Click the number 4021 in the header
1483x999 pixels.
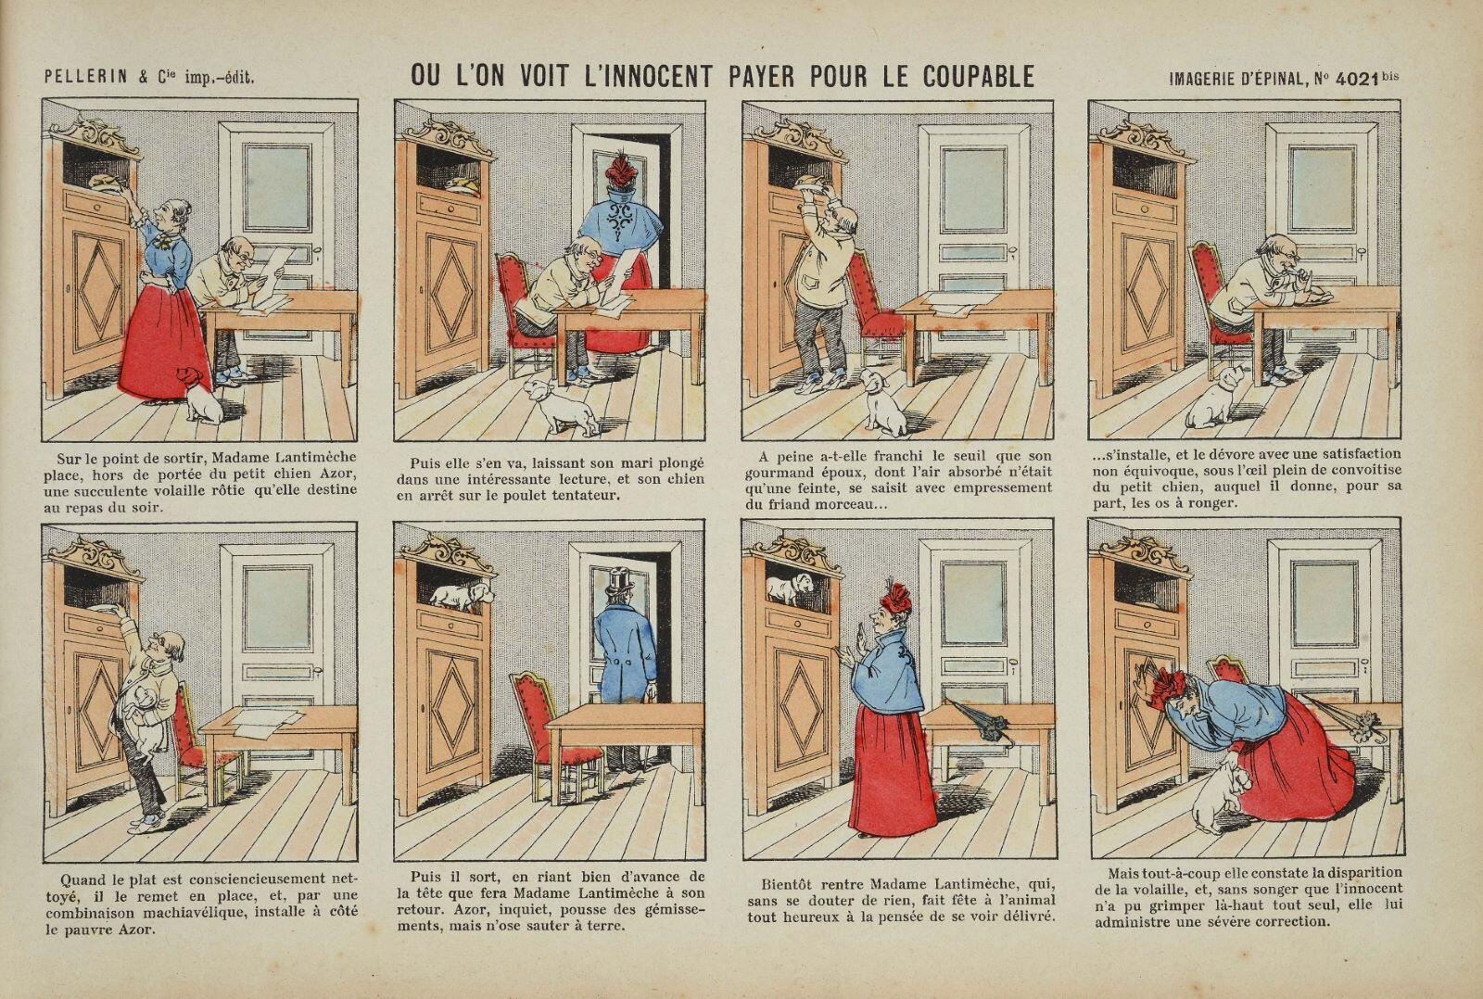1356,79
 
